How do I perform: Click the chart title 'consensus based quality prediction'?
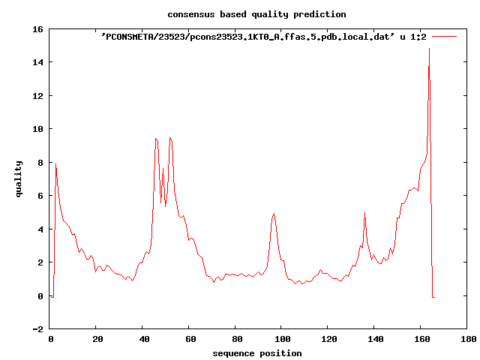tap(256, 14)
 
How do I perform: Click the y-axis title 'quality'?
tap(18, 179)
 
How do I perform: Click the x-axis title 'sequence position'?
tap(257, 353)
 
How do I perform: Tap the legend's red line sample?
tap(444, 37)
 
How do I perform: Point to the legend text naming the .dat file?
tap(263, 37)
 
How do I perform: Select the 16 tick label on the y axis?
tap(37, 29)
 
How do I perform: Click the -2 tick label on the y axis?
tap(37, 329)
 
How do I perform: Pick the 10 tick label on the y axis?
tap(37, 129)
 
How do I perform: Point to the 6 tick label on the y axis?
tap(40, 196)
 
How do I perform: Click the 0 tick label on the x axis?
tap(50, 339)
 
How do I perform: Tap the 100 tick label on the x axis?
tap(282, 339)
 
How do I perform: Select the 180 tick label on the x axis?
tap(468, 339)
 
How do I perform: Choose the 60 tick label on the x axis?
tap(190, 339)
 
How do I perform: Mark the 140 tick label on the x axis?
tap(375, 339)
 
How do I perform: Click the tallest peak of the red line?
tap(429, 48)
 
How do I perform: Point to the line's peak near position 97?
tap(274, 213)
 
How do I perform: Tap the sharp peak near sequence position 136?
tap(364, 212)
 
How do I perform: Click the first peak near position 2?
tap(55, 163)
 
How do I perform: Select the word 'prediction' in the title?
tap(319, 14)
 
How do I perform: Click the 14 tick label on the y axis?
tap(37, 62)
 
